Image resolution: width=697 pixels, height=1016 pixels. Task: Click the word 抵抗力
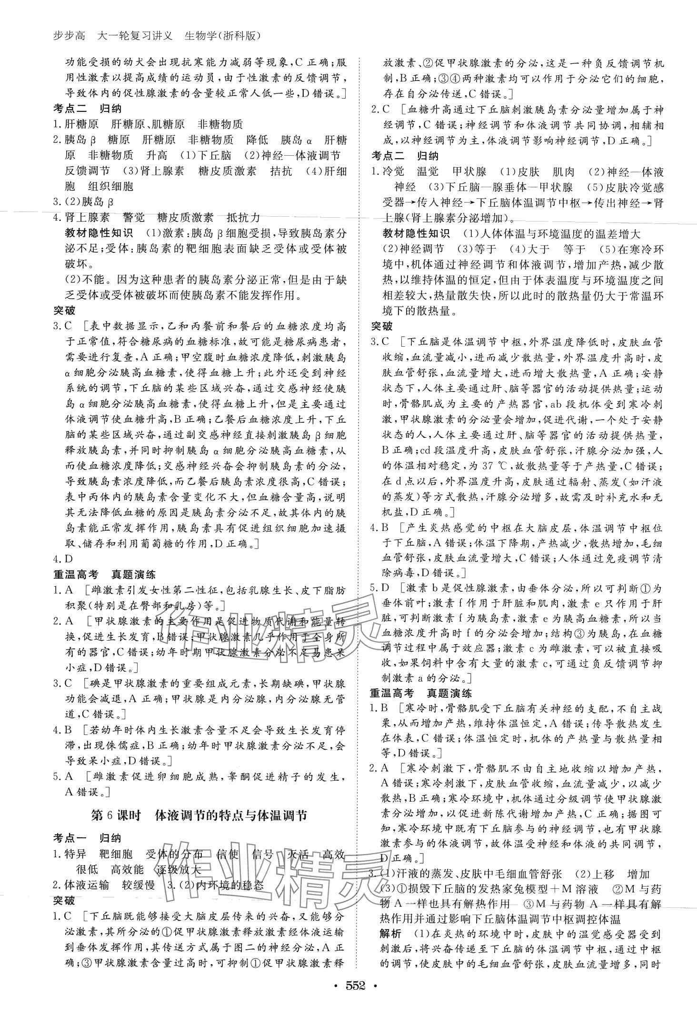coord(244,218)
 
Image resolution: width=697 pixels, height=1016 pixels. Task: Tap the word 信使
coord(227,854)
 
